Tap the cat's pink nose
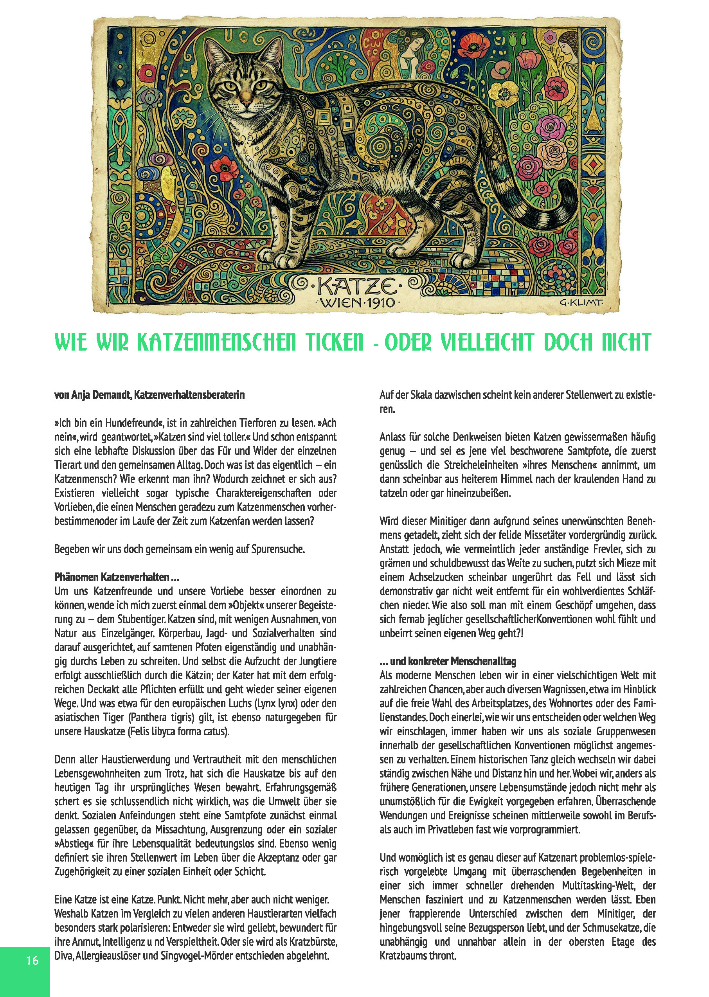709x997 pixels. [x=246, y=104]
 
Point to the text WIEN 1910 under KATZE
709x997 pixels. [x=355, y=302]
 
